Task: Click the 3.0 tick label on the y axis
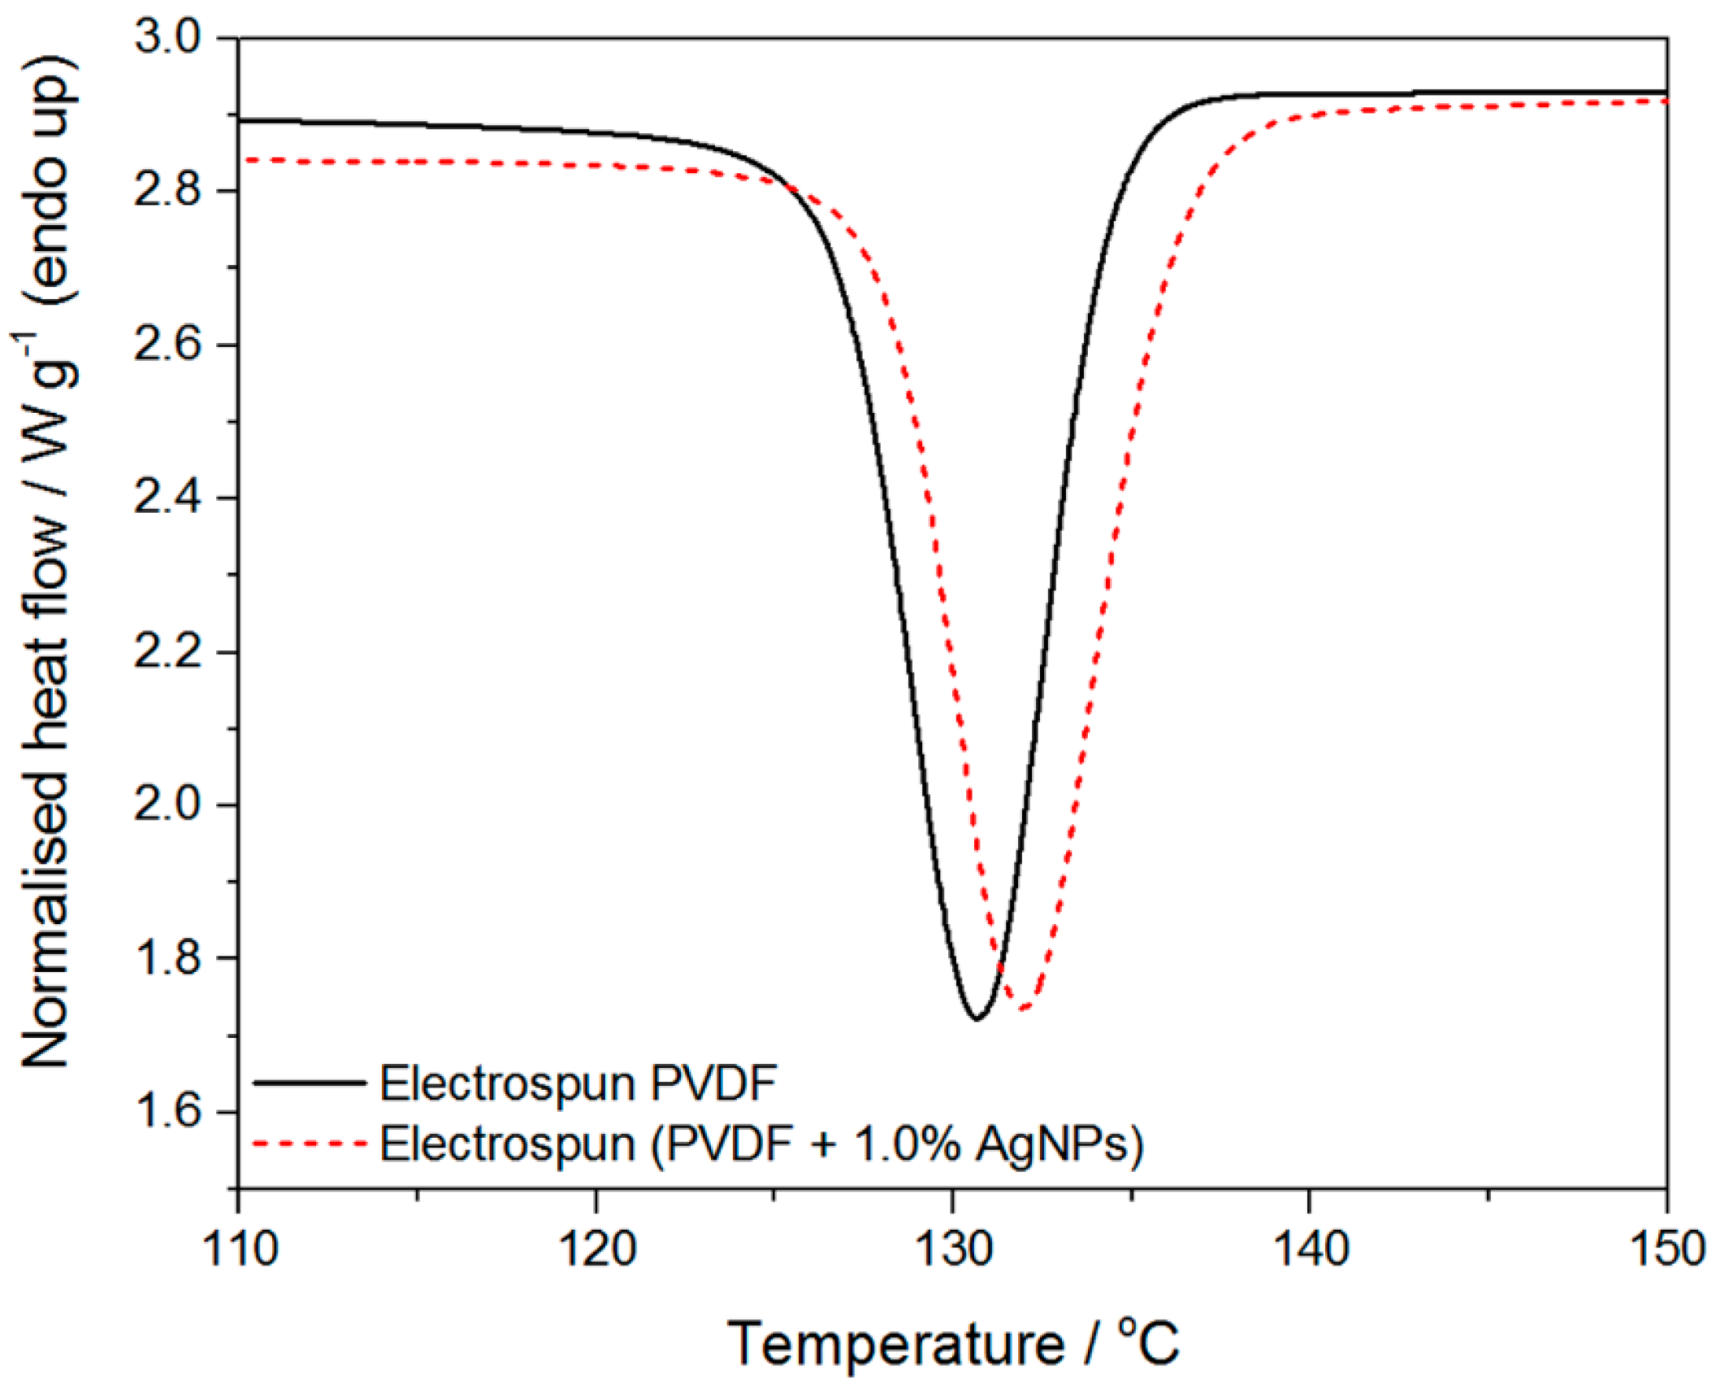[x=166, y=38]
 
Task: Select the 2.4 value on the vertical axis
[x=166, y=497]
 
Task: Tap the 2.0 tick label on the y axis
[x=166, y=805]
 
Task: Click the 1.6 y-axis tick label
[x=166, y=1111]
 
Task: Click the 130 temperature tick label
[x=953, y=1249]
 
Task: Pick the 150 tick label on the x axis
[x=1666, y=1249]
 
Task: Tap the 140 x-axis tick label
[x=1310, y=1249]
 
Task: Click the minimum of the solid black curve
[x=977, y=1018]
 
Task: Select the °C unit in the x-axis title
[x=1148, y=1343]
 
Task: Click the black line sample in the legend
[x=309, y=1083]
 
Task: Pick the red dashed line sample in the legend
[x=309, y=1144]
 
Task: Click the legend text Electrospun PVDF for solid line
[x=578, y=1083]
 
